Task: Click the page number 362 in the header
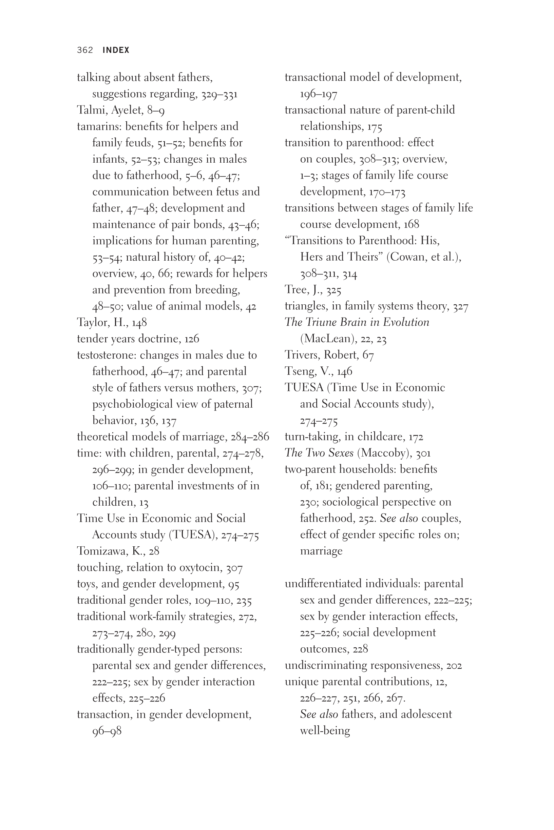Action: (x=85, y=50)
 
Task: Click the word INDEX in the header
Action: (x=116, y=50)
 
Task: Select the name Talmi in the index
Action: (x=92, y=110)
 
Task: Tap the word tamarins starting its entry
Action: (x=100, y=126)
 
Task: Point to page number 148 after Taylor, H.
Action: (x=139, y=323)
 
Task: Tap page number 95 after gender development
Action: (x=234, y=584)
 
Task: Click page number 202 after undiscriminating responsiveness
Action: (x=454, y=666)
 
